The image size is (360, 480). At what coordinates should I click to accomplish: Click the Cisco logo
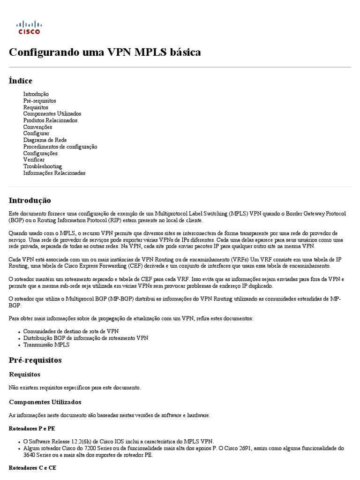click(x=29, y=28)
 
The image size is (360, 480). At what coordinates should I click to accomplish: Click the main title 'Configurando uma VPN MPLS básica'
click(x=105, y=52)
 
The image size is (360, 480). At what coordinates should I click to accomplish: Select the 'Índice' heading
click(x=21, y=81)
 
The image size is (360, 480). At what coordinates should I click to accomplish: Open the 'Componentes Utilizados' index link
click(x=52, y=114)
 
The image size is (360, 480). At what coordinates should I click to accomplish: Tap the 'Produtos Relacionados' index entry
click(x=50, y=120)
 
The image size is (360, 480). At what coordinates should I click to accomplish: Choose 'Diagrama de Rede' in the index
click(x=45, y=140)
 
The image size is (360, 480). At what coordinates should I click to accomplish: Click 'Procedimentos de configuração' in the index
click(x=60, y=147)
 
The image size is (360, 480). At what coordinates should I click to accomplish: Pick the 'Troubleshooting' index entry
click(x=43, y=166)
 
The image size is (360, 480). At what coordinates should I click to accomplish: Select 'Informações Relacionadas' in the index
click(x=54, y=173)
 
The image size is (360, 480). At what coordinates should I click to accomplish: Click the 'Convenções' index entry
click(x=37, y=127)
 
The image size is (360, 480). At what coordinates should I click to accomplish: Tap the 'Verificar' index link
click(x=34, y=160)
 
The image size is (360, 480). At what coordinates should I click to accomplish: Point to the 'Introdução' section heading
click(x=30, y=200)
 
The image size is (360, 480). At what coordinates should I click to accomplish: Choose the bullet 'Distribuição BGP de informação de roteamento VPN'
click(x=85, y=338)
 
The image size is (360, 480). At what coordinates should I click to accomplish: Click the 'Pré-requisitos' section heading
click(x=35, y=360)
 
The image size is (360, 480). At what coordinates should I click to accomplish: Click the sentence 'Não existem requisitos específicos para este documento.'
click(x=75, y=388)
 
